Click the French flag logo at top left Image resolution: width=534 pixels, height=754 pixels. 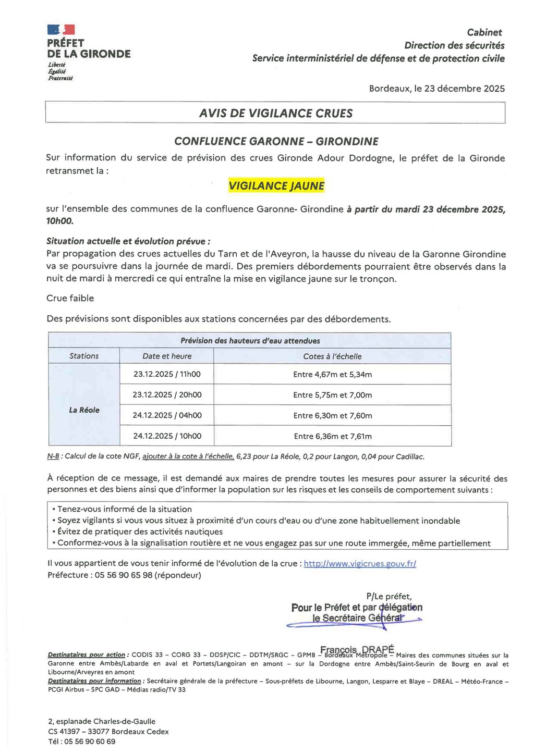click(x=61, y=30)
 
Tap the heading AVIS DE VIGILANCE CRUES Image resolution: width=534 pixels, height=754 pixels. click(x=276, y=113)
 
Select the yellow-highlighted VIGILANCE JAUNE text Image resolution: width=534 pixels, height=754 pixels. click(x=276, y=186)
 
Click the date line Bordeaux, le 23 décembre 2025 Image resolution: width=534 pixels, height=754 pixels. click(x=436, y=89)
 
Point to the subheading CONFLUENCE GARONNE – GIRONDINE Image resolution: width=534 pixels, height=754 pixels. click(x=276, y=141)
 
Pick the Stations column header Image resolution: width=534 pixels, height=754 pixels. click(x=84, y=356)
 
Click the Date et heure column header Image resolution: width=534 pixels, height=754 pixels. click(x=167, y=356)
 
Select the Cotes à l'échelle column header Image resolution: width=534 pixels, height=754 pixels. click(x=332, y=356)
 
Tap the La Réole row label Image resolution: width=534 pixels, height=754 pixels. click(x=84, y=410)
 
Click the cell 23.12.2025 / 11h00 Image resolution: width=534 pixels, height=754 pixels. click(x=167, y=374)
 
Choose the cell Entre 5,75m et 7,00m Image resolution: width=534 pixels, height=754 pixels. click(x=332, y=395)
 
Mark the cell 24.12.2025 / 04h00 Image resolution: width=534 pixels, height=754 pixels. click(x=167, y=415)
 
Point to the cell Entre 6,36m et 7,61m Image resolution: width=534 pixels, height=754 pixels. click(x=332, y=436)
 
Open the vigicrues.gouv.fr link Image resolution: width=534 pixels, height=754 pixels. click(x=360, y=563)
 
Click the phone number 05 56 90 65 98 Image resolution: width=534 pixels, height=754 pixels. click(x=124, y=575)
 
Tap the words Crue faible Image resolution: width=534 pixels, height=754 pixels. click(x=70, y=298)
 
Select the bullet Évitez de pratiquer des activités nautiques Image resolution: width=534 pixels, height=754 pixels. click(x=140, y=531)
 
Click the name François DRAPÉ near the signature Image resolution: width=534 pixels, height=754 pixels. click(x=357, y=649)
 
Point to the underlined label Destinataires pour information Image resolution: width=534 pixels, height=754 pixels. click(x=94, y=681)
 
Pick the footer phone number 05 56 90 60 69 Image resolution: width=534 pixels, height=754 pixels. click(x=90, y=741)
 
